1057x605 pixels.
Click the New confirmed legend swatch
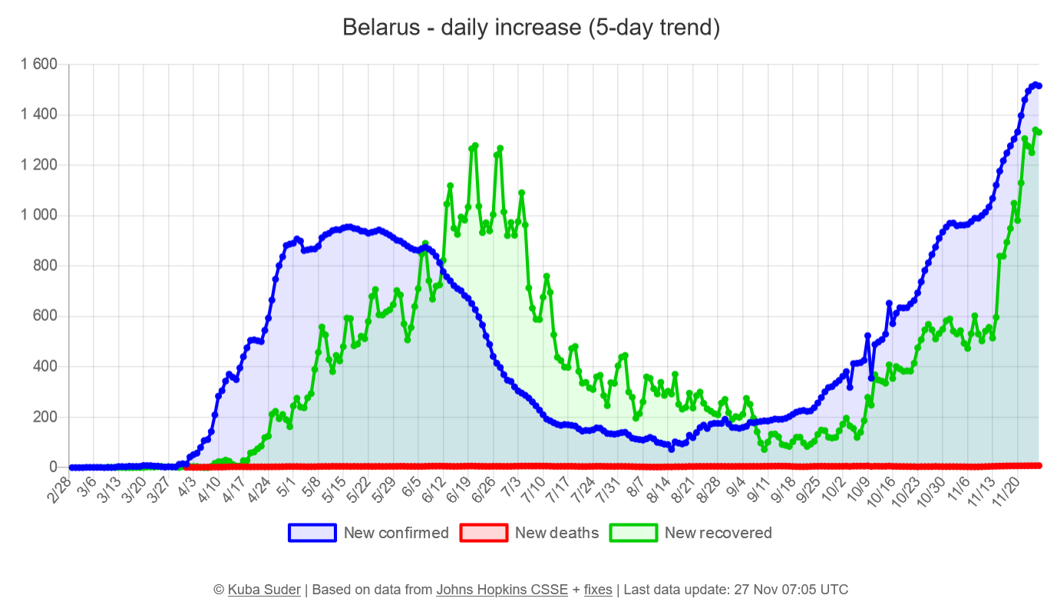click(312, 533)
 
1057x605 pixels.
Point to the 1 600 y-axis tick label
click(39, 64)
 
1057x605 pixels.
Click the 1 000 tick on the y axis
click(39, 216)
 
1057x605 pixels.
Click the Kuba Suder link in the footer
click(264, 590)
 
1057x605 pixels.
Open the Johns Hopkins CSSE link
click(502, 590)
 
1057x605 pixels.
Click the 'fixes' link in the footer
click(598, 590)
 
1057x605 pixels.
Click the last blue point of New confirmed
click(1039, 86)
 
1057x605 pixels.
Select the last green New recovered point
click(1039, 132)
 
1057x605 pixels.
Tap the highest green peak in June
click(475, 145)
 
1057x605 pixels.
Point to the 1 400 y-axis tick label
click(39, 115)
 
